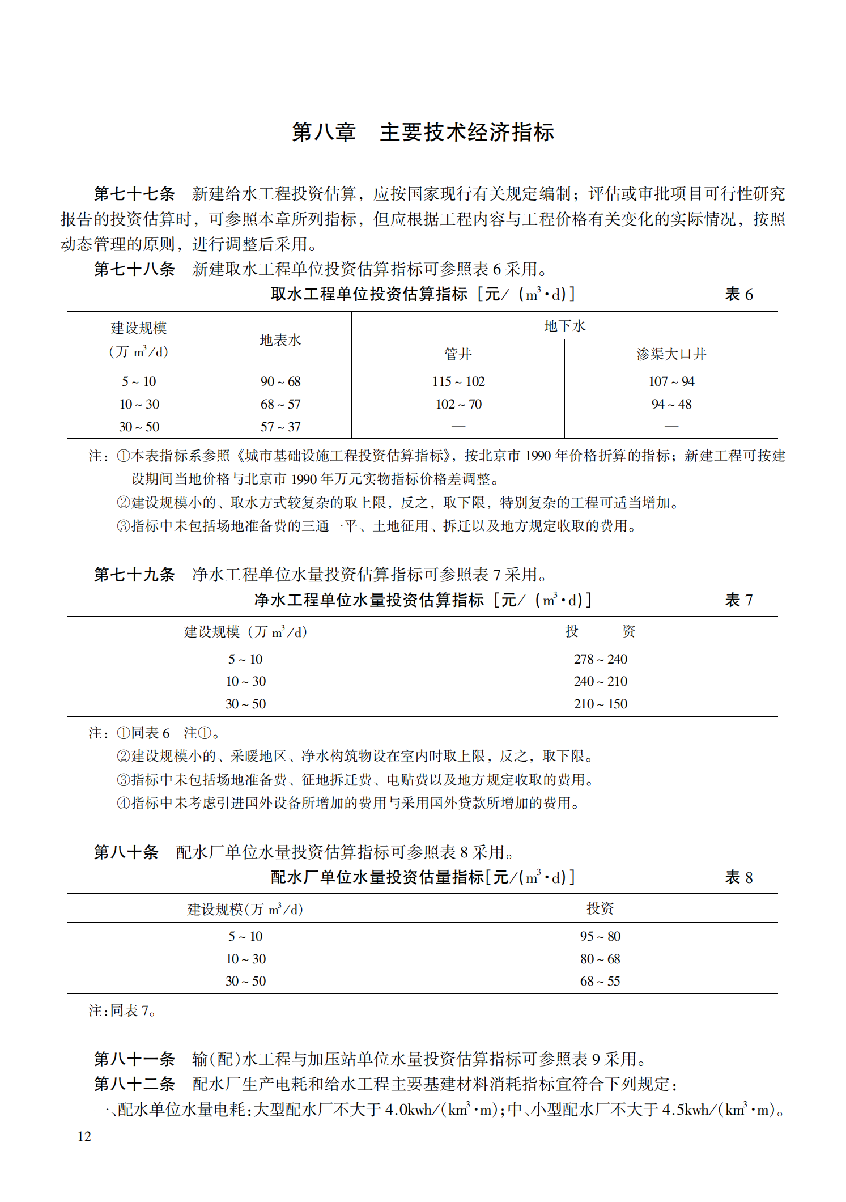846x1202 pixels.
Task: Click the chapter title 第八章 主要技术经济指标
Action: click(423, 132)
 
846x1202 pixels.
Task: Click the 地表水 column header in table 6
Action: click(280, 340)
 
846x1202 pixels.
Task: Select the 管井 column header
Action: click(458, 354)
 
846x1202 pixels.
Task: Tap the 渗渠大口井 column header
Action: click(671, 354)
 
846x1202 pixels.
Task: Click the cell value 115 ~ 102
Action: click(458, 381)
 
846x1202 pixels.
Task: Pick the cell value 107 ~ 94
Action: click(671, 381)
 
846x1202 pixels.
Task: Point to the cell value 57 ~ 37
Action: click(280, 427)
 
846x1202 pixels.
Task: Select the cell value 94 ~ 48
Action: click(671, 404)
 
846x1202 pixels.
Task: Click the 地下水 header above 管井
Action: click(564, 326)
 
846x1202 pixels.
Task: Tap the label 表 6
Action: click(738, 294)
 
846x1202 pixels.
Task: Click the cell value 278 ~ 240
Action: click(600, 659)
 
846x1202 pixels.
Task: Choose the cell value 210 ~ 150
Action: click(600, 704)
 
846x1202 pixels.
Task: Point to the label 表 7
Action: click(738, 600)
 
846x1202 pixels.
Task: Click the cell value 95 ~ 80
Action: click(600, 936)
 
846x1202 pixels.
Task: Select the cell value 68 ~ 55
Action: click(600, 981)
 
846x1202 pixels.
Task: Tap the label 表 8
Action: click(738, 877)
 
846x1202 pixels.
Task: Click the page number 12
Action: click(84, 1136)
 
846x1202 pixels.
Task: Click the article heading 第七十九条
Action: click(134, 575)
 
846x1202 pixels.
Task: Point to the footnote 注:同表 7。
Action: click(122, 1010)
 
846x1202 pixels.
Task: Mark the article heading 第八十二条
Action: click(134, 1084)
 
